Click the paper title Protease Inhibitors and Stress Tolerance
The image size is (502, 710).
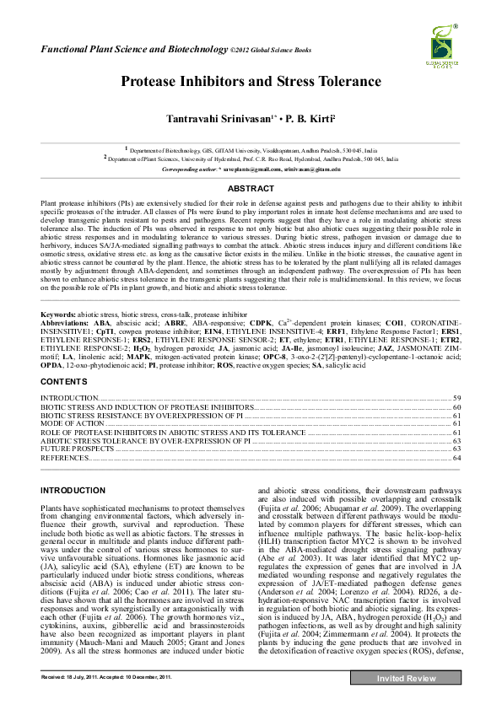pos(251,82)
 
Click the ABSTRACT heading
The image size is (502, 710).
pos(251,189)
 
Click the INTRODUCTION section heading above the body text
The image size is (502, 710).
pos(73,490)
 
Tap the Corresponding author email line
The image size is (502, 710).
pos(251,169)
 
